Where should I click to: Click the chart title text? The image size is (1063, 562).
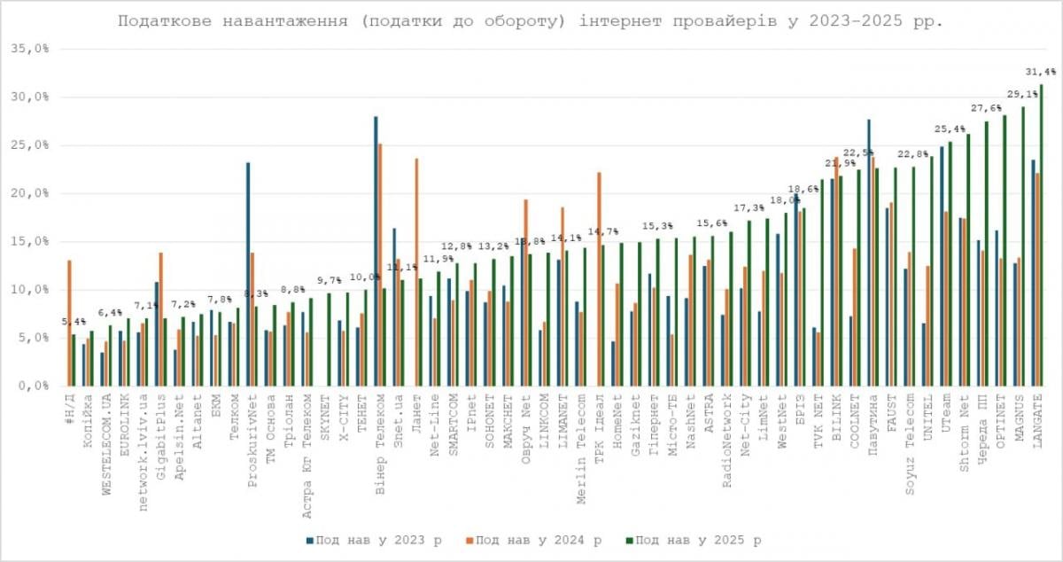531,20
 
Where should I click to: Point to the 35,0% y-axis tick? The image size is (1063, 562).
30,50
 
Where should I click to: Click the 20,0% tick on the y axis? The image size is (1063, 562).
30,193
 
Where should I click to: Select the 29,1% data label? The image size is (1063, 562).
1021,94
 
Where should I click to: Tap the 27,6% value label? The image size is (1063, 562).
986,108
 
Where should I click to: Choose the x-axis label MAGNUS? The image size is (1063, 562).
1019,417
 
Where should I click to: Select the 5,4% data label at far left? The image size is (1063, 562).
74,322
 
